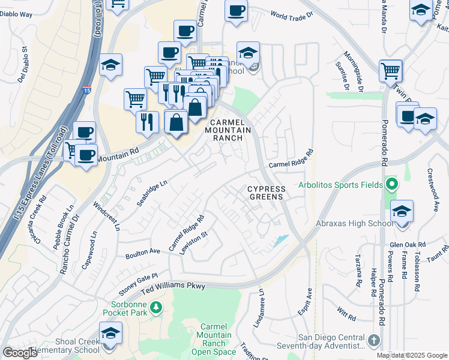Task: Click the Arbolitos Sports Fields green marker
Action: pos(392,184)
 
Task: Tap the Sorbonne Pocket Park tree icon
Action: pos(156,308)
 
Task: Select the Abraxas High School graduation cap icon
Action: pos(402,211)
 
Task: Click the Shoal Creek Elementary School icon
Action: pos(110,334)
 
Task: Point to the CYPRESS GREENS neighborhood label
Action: pos(268,193)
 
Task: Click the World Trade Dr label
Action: pos(292,14)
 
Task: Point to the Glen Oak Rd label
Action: pos(407,244)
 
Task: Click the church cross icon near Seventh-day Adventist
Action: pos(373,340)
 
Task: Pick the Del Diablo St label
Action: pos(22,65)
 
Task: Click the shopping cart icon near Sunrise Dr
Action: pos(391,71)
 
